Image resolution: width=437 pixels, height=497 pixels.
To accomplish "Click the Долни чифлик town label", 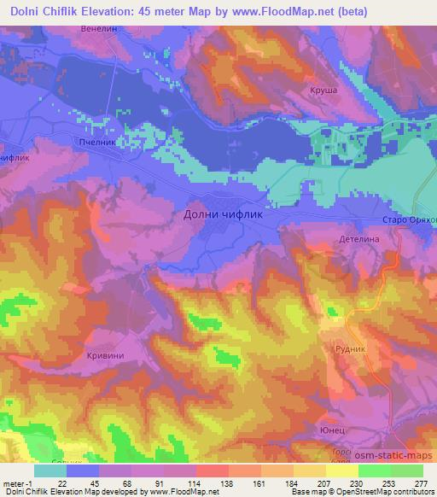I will pyautogui.click(x=223, y=215).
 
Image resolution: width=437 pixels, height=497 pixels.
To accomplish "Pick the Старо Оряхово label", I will pyautogui.click(x=409, y=220).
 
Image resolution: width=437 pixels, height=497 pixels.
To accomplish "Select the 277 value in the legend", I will pyautogui.click(x=422, y=485).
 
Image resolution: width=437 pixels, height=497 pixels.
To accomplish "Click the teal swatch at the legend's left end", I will pyautogui.click(x=50, y=471).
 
